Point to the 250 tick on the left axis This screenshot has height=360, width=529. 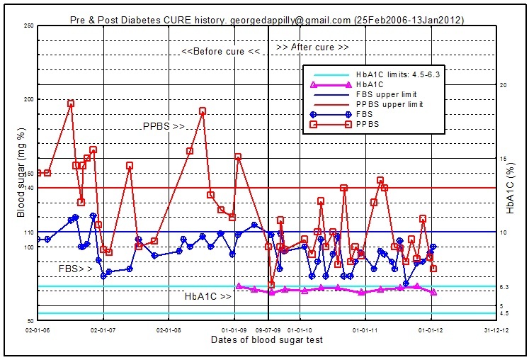pos(28,26)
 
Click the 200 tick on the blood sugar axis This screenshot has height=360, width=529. pos(28,99)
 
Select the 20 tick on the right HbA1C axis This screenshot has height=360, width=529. pos(503,84)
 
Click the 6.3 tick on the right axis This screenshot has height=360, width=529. pos(504,286)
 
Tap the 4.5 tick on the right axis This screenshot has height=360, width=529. pos(504,313)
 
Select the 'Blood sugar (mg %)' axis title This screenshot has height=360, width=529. pos(21,173)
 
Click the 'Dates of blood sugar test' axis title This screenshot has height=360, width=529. pos(267,340)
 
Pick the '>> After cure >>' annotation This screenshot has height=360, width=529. pos(312,47)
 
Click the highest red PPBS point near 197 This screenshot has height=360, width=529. pos(71,103)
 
